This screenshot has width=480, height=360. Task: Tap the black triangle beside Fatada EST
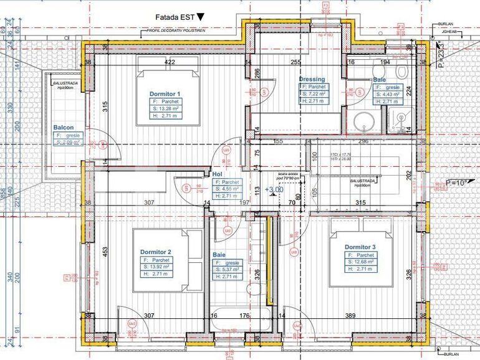pyautogui.click(x=199, y=17)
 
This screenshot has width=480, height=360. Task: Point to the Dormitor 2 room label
pyautogui.click(x=156, y=252)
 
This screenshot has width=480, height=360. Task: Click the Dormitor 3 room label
pyautogui.click(x=361, y=247)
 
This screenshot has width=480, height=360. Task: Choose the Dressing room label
pyautogui.click(x=312, y=80)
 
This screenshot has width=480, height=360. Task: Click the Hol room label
pyautogui.click(x=217, y=174)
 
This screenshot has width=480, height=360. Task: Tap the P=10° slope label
pyautogui.click(x=456, y=183)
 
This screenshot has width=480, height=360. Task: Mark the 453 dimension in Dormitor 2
pyautogui.click(x=105, y=251)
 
